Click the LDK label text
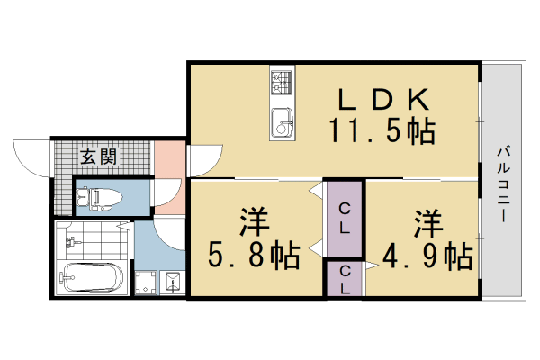[376, 99]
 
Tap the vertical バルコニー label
[500, 184]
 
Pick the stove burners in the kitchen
[282, 84]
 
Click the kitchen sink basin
[282, 119]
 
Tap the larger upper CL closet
[344, 218]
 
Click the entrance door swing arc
[29, 158]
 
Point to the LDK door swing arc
[203, 159]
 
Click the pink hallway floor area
[167, 162]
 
